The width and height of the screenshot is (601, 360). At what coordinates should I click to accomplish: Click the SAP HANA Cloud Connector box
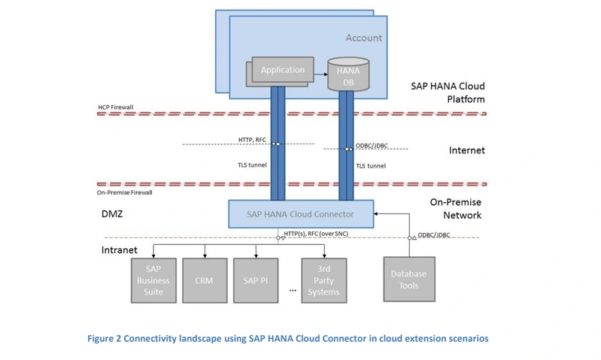301,214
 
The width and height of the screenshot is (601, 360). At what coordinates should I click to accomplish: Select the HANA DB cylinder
348,74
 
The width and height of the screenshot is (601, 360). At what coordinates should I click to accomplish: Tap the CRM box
205,281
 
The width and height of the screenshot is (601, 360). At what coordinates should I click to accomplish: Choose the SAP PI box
256,281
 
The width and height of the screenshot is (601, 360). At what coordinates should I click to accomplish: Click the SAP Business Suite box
153,281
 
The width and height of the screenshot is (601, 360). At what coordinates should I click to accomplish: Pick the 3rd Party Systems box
324,281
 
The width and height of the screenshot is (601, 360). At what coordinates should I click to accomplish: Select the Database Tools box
409,279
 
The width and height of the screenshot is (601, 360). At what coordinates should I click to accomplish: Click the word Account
364,38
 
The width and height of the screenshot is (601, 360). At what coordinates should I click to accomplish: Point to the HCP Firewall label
116,107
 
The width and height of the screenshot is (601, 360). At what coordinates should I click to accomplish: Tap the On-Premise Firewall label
125,192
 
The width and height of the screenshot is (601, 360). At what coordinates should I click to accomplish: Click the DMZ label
112,213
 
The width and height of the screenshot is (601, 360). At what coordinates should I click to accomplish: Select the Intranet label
119,250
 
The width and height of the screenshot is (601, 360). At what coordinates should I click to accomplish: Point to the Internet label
467,150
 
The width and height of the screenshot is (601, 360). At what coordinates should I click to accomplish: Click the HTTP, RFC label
252,140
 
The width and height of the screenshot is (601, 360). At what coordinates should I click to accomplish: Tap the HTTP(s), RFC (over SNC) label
316,234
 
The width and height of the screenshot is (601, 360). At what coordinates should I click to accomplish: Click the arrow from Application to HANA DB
321,74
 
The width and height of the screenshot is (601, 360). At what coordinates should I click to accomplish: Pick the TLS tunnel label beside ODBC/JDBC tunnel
371,166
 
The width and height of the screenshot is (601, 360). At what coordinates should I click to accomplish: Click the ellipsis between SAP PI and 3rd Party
293,291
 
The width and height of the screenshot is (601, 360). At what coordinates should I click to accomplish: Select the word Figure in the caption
100,338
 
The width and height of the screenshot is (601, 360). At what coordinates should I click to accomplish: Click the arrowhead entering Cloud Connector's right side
376,213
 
